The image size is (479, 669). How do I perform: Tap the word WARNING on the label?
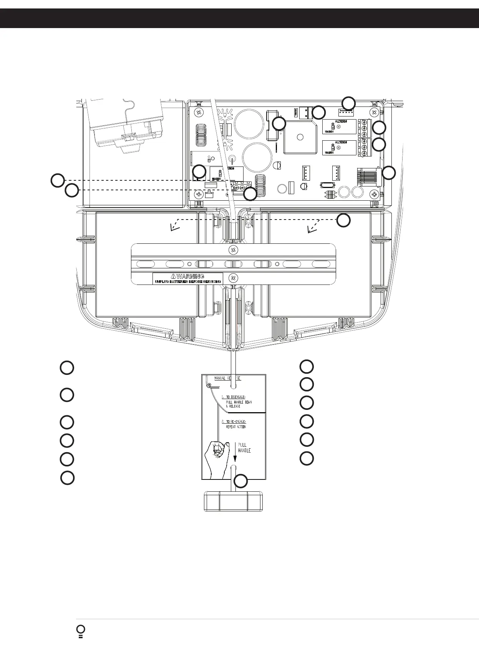point(190,276)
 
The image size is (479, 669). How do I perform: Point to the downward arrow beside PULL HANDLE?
point(235,451)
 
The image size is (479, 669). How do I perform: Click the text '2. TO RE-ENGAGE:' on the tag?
point(234,422)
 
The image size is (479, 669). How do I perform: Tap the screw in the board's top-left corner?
point(199,112)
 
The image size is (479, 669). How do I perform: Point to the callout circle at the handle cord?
point(241,481)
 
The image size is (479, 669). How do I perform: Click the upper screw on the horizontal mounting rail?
point(232,250)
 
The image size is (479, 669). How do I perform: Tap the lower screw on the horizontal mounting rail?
point(232,278)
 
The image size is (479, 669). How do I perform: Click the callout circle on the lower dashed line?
point(71,190)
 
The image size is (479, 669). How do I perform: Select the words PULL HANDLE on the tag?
point(244,448)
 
